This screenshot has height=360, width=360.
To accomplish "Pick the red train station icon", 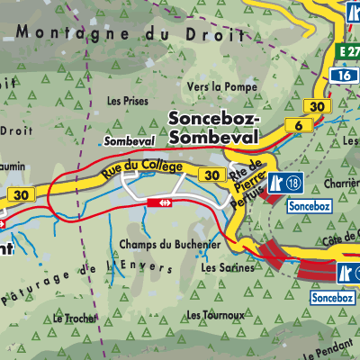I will (x=164, y=203).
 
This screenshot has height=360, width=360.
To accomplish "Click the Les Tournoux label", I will (x=215, y=315).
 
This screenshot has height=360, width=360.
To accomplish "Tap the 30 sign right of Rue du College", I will (x=211, y=175).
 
